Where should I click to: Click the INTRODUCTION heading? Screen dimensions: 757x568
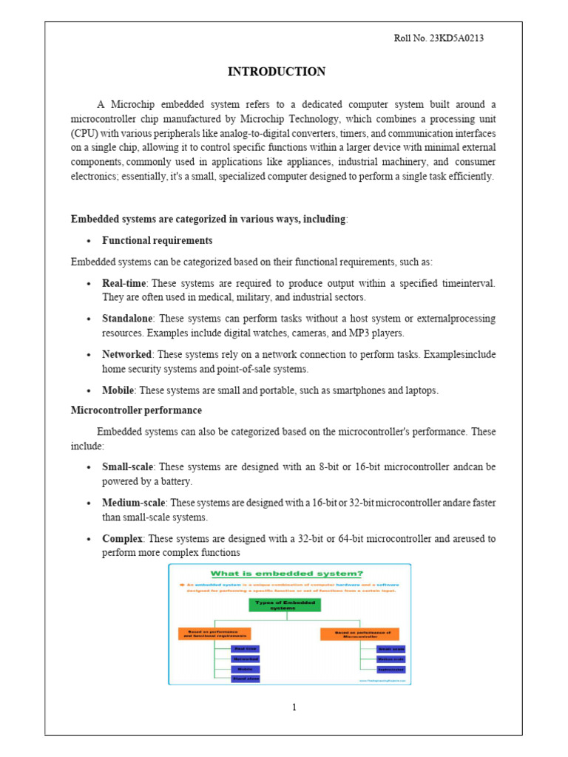pyautogui.click(x=276, y=72)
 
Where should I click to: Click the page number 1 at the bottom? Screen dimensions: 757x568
pyautogui.click(x=294, y=707)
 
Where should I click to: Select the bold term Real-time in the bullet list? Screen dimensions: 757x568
pyautogui.click(x=125, y=283)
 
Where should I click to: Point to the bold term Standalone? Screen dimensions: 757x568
pyautogui.click(x=127, y=319)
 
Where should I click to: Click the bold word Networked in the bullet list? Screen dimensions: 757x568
pyautogui.click(x=128, y=354)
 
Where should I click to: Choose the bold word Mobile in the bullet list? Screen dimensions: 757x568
pyautogui.click(x=118, y=390)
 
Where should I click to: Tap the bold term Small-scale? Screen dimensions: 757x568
pyautogui.click(x=127, y=467)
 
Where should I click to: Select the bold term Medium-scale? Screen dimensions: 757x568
pyautogui.click(x=133, y=503)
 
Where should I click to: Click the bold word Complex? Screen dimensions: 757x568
pyautogui.click(x=122, y=538)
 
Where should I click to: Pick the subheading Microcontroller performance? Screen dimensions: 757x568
pyautogui.click(x=136, y=410)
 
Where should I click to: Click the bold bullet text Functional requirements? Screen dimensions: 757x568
pyautogui.click(x=158, y=240)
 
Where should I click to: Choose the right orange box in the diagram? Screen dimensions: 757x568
pyautogui.click(x=359, y=634)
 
